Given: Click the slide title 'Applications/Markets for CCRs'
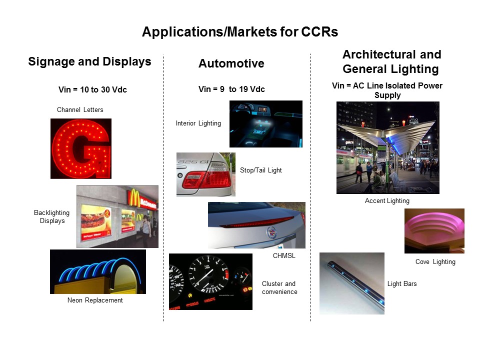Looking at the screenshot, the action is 240,32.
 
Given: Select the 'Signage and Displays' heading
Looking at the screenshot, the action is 89,62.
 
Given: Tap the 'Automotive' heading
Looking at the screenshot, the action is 231,63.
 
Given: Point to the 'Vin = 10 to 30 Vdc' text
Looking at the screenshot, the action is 92,89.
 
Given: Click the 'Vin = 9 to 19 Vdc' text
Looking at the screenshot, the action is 231,89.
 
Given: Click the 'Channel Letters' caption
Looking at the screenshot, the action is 80,109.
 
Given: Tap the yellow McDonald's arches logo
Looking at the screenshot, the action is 134,198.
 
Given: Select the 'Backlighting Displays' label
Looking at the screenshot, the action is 51,216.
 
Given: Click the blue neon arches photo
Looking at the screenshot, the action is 98,271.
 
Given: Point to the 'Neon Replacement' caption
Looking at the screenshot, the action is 95,300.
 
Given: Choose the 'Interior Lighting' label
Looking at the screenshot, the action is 198,123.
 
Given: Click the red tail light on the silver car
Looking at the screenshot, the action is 206,179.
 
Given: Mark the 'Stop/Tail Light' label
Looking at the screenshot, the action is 261,170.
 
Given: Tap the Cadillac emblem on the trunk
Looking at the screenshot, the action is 271,232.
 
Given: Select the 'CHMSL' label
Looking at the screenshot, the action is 284,255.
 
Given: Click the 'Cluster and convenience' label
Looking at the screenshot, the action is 279,288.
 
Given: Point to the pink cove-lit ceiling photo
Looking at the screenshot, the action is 434,231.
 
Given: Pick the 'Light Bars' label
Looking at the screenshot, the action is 402,284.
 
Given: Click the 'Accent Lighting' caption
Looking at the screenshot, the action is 387,201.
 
